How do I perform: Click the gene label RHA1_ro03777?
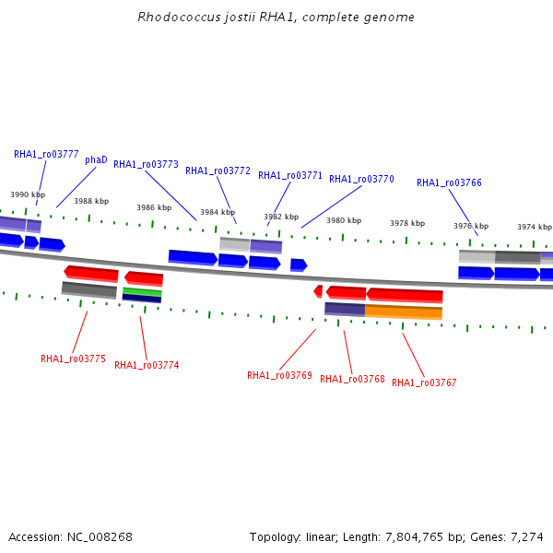tap(46, 155)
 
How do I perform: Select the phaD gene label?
tap(96, 160)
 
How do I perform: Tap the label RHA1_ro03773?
tap(146, 164)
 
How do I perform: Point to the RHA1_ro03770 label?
tap(361, 179)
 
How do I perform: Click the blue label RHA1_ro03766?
tap(449, 182)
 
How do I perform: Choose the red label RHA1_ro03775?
tap(73, 359)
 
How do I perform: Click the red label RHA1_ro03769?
tap(279, 375)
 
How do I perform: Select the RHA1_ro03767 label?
tap(424, 382)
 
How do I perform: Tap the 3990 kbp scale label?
tap(28, 194)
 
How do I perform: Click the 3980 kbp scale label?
tap(344, 220)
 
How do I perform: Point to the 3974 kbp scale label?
tap(535, 227)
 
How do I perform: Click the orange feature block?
tap(404, 312)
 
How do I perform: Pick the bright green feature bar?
tap(142, 291)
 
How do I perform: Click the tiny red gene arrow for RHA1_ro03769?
tap(318, 291)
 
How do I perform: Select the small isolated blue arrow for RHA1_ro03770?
tap(299, 265)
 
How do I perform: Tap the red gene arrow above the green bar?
tap(144, 278)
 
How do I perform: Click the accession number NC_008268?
tap(100, 537)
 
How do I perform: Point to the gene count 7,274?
tap(527, 537)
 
